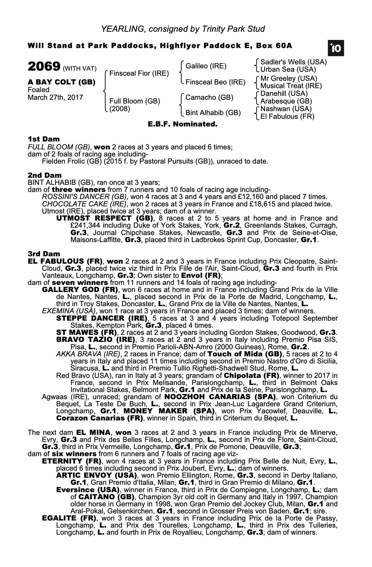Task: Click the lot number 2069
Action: tap(44, 67)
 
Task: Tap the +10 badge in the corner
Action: tap(336, 48)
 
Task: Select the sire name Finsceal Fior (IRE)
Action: tap(139, 74)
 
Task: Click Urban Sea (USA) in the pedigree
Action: tap(288, 70)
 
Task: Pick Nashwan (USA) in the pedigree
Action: tap(286, 109)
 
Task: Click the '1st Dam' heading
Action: tap(44, 139)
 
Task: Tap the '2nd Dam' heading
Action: tap(44, 175)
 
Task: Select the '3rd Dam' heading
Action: tap(44, 254)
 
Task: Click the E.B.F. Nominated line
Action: tap(183, 124)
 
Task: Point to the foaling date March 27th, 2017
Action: tap(55, 98)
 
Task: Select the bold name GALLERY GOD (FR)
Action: tap(80, 290)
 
